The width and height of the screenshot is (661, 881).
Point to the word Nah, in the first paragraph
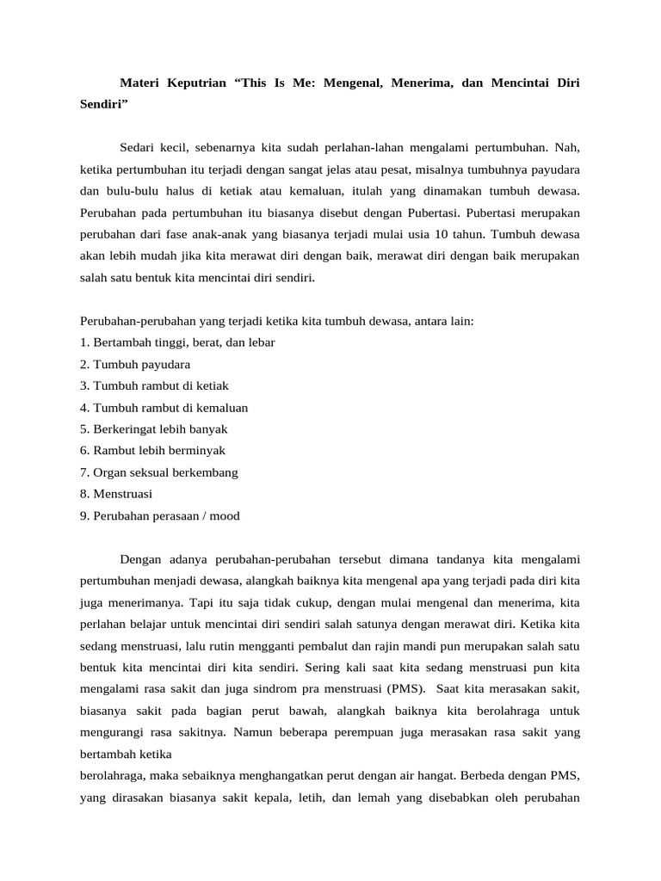pyautogui.click(x=566, y=147)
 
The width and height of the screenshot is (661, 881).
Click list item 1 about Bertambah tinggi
pyautogui.click(x=177, y=342)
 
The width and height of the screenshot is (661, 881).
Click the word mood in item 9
pyautogui.click(x=223, y=516)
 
